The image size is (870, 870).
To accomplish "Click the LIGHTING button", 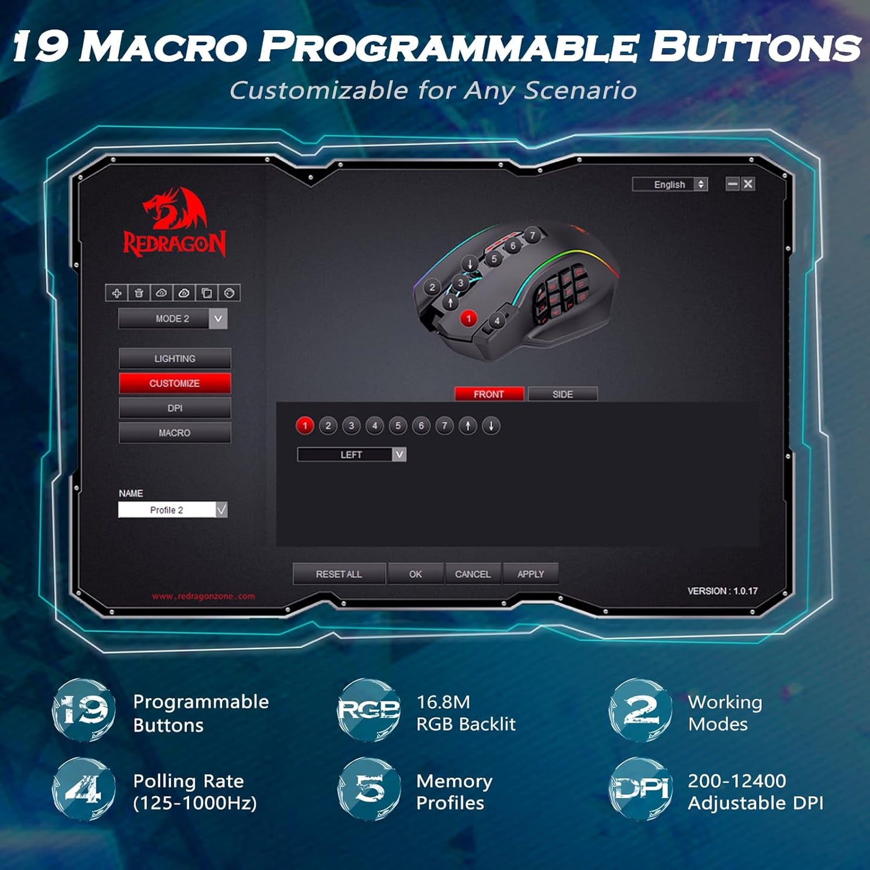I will (x=175, y=358).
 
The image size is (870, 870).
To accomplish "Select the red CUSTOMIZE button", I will (x=175, y=383).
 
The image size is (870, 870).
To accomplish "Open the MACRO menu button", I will (x=175, y=433).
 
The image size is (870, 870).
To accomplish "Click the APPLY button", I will (x=530, y=574).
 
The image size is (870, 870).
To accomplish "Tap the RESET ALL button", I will (x=339, y=574).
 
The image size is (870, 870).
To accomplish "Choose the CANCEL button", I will (x=473, y=574).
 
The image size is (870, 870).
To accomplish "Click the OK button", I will (x=415, y=574).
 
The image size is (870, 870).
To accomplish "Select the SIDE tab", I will (x=562, y=394).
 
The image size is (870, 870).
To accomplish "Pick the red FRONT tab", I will (x=488, y=394).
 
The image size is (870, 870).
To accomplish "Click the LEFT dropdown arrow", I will (x=399, y=455).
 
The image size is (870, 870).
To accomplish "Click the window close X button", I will (x=748, y=184).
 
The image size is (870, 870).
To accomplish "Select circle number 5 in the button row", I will (x=397, y=426).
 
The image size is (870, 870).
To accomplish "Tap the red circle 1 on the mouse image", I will (x=468, y=318).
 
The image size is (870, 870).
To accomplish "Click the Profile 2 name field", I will (x=167, y=510).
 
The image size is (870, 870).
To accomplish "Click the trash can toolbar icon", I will (x=138, y=293).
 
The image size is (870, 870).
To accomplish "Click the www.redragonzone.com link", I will (x=204, y=596).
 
